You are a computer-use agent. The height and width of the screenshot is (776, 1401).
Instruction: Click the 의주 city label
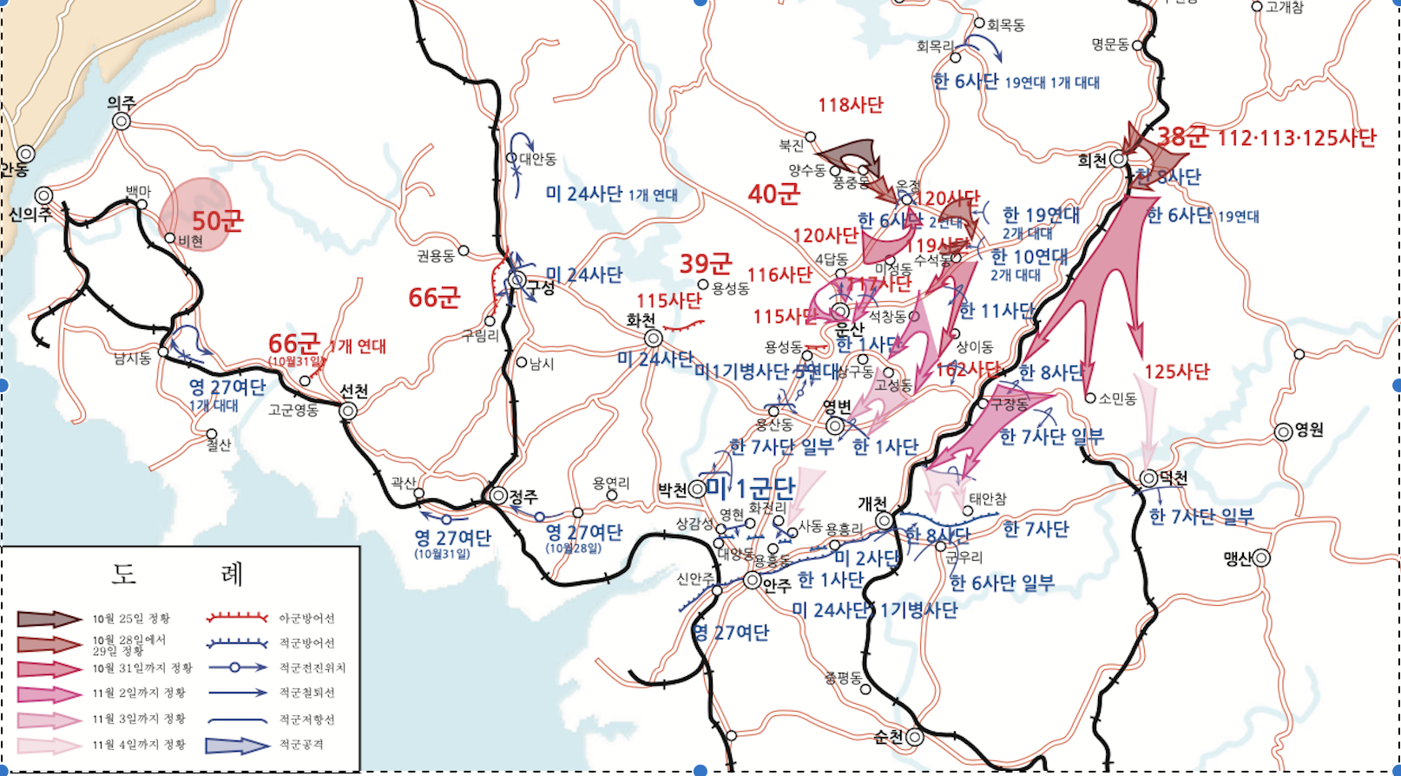pos(122,102)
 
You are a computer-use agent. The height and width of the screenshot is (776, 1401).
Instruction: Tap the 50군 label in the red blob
pos(217,220)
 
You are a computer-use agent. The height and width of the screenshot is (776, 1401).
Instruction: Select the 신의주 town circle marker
pos(43,195)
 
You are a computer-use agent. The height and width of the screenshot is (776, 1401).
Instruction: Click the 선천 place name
pos(354,391)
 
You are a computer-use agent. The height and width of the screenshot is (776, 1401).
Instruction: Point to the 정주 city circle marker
pos(498,496)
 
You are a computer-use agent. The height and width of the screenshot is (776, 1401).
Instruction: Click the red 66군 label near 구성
pos(434,298)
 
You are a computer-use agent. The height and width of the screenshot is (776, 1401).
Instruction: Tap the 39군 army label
pos(705,263)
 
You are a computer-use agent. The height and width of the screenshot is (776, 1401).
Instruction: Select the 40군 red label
pos(773,194)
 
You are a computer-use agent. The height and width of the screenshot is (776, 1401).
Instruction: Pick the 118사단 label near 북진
pos(850,105)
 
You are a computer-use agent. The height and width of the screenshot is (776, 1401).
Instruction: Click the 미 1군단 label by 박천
pos(750,488)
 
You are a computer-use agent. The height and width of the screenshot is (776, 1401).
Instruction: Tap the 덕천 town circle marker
pos(1148,477)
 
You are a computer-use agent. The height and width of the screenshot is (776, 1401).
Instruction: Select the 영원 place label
pos(1309,430)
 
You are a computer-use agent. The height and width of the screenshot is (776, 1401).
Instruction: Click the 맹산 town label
pos(1238,558)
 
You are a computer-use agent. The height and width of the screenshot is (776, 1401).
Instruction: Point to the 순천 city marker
pos(914,737)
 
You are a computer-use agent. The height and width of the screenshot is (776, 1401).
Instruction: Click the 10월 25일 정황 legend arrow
pos(49,619)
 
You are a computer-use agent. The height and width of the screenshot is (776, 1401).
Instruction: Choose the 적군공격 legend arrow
pos(237,745)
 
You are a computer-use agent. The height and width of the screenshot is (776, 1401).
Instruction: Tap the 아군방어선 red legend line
pos(237,618)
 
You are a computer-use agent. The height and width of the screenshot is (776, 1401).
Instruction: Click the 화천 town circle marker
pos(654,338)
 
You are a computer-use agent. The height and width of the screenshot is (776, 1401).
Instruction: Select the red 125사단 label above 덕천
pos(1176,372)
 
